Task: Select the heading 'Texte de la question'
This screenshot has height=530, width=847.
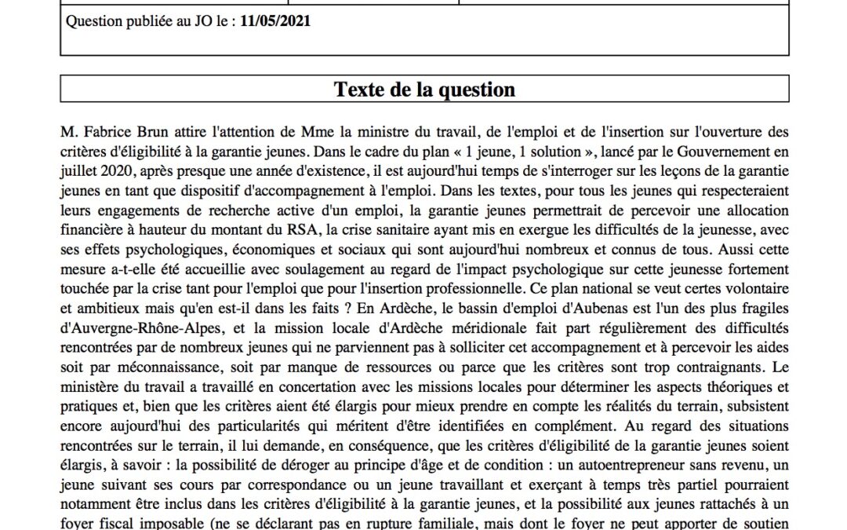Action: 424,90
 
